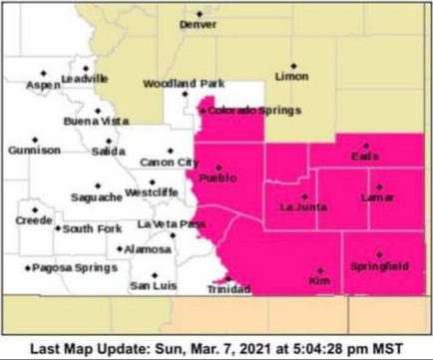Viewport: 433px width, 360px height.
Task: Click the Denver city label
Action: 198,24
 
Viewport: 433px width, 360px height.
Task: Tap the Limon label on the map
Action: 292,76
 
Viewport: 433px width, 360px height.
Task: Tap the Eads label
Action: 366,157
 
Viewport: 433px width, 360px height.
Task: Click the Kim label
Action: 319,282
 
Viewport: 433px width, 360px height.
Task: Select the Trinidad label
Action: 227,289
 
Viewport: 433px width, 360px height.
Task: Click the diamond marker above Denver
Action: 198,13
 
